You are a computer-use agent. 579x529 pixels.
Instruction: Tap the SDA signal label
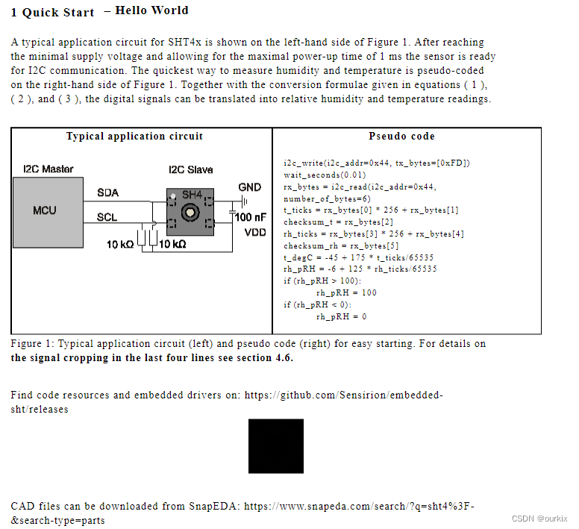107,192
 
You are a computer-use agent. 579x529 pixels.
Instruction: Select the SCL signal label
107,218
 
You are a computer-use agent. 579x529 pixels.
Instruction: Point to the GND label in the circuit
249,187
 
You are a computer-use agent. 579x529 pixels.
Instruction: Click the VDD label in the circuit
255,232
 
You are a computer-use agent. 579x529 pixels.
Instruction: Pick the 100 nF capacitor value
251,217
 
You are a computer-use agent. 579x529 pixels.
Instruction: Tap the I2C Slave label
190,169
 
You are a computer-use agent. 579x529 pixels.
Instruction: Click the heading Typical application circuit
134,137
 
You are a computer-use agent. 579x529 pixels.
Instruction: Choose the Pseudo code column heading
401,137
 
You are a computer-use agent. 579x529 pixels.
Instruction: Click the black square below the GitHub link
276,446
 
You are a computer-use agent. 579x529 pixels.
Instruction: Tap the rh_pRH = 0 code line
341,316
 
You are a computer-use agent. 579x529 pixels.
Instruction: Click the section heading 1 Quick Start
53,12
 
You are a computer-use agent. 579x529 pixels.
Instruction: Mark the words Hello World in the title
151,10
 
